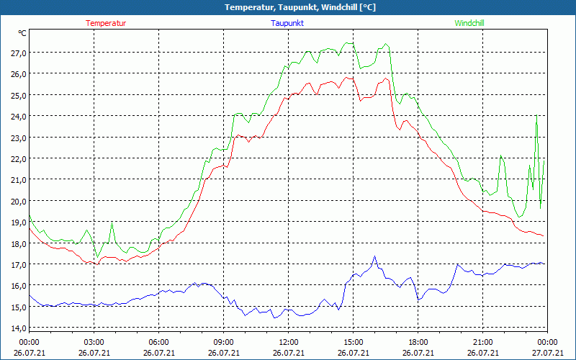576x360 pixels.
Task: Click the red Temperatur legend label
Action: (x=106, y=23)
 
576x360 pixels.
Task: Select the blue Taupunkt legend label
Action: (x=287, y=23)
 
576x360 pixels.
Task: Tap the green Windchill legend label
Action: (x=469, y=23)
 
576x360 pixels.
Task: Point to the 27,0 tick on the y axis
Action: (x=19, y=53)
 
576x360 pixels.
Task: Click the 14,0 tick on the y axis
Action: (x=19, y=328)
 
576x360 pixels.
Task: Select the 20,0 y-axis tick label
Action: (x=19, y=201)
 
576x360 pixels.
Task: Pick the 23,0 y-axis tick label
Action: (x=19, y=138)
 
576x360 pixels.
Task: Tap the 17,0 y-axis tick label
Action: (x=19, y=264)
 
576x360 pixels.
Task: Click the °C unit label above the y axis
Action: (x=22, y=33)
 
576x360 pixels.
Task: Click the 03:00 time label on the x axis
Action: (x=94, y=341)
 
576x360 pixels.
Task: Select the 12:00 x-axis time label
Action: (x=289, y=341)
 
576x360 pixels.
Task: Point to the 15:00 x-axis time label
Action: (x=354, y=341)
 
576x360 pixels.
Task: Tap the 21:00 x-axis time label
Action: (x=483, y=341)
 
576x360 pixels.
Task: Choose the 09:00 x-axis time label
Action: (x=224, y=341)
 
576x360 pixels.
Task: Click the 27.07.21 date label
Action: (x=547, y=353)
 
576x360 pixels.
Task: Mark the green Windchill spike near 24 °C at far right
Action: (x=536, y=116)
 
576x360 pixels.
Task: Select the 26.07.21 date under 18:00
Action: (x=418, y=353)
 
